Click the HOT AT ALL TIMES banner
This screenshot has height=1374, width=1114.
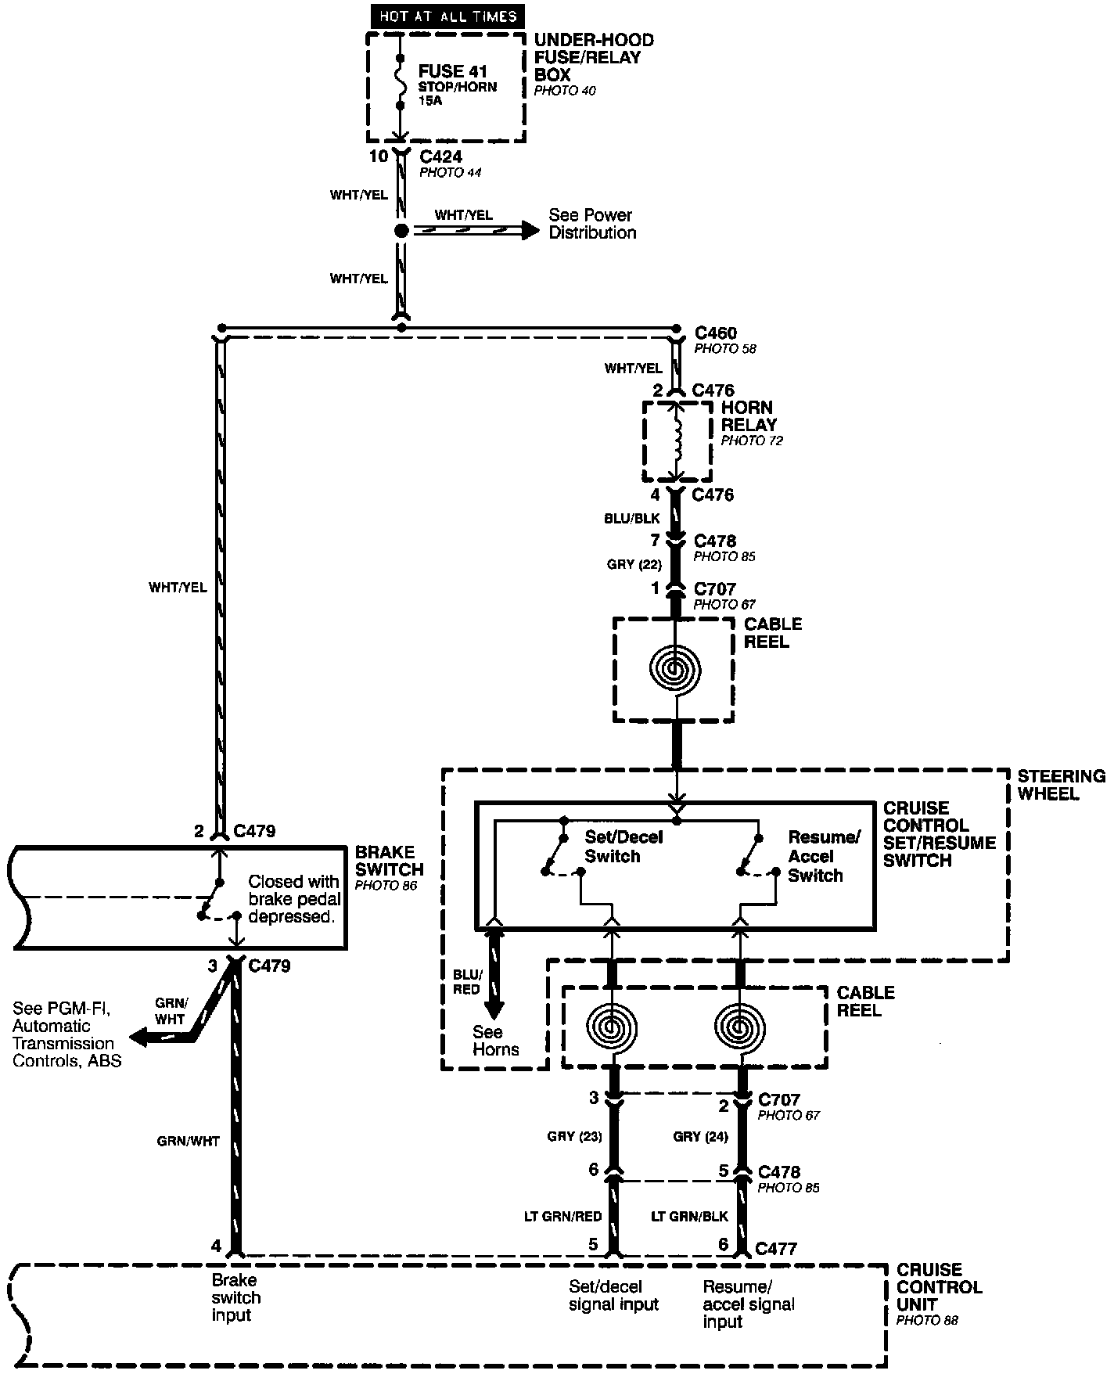pos(447,16)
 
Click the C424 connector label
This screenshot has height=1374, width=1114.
pos(440,156)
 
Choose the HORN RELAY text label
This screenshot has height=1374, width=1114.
pos(748,416)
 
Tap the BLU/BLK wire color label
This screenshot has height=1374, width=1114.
pos(631,518)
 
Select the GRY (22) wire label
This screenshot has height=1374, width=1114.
pos(634,564)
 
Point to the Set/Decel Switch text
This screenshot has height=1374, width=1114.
pos(623,847)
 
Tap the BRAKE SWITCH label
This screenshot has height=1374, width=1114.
pos(389,861)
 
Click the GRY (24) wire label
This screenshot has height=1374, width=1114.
pos(699,1136)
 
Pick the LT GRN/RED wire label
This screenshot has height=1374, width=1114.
pos(562,1217)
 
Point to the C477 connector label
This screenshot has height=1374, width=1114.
pos(775,1249)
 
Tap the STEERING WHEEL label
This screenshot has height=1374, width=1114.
pos(1061,785)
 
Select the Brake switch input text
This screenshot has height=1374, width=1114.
pos(235,1297)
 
